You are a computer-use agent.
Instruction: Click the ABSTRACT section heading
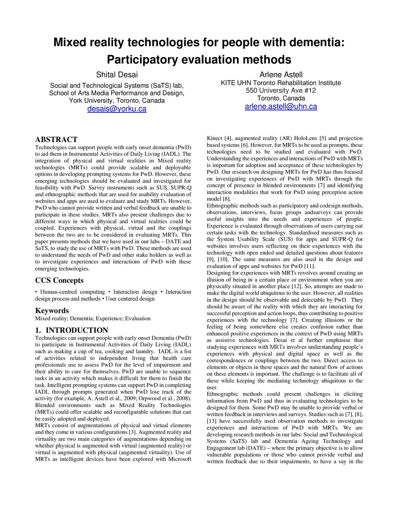(x=56, y=140)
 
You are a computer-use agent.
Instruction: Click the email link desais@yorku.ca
(x=117, y=109)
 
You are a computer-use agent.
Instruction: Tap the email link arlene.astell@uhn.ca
(x=281, y=106)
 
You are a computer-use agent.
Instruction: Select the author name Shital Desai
(x=117, y=75)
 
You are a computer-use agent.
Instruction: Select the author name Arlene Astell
(x=281, y=75)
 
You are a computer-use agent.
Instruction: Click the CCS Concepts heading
(x=59, y=280)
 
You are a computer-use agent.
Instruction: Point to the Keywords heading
(x=52, y=311)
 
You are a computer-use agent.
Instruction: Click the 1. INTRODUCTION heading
(x=72, y=330)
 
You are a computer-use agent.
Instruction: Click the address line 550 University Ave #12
(x=281, y=91)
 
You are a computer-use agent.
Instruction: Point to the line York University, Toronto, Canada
(x=117, y=101)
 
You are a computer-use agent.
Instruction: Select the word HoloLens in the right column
(x=305, y=138)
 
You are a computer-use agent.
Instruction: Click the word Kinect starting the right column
(x=215, y=138)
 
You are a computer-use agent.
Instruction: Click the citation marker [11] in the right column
(x=309, y=266)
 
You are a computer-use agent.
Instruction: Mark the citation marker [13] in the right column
(x=212, y=421)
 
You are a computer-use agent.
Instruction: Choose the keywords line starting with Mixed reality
(x=93, y=318)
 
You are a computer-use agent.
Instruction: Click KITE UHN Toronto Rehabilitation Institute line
(x=281, y=83)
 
